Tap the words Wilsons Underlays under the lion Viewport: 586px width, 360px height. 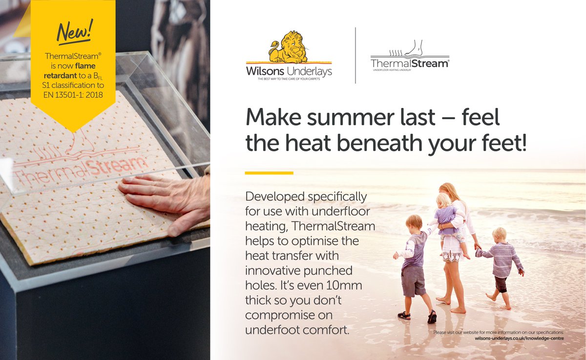(x=289, y=71)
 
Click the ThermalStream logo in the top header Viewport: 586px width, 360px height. (x=410, y=58)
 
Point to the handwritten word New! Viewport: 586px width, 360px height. (x=74, y=32)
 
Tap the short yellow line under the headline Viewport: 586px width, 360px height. (x=269, y=172)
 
